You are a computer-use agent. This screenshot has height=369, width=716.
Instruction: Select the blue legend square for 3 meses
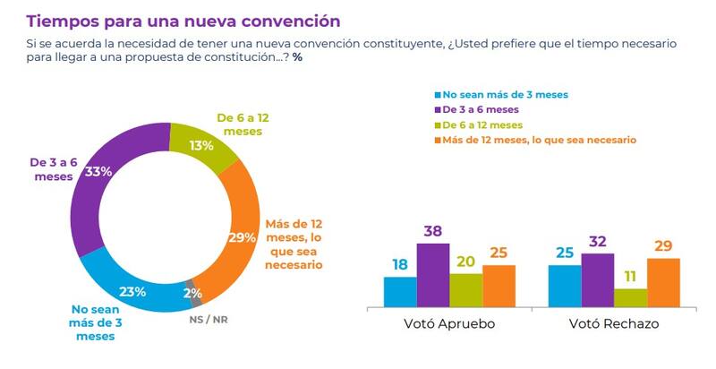438,94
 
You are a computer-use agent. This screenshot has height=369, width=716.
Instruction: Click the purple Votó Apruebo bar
433,276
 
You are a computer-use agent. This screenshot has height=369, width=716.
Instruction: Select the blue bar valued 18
400,291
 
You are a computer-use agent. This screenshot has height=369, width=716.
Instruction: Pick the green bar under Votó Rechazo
630,297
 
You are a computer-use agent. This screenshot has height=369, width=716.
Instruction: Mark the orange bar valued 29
663,282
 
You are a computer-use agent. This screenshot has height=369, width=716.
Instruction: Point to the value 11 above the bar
630,278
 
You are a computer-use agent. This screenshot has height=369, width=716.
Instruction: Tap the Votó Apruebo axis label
449,324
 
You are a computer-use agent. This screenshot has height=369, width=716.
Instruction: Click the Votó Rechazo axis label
614,324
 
